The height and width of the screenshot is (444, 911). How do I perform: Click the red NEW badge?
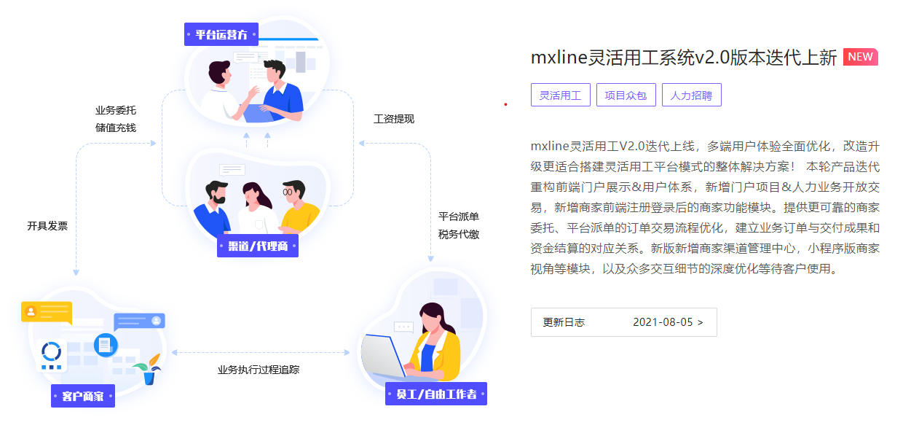860,58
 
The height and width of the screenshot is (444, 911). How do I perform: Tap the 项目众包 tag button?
626,96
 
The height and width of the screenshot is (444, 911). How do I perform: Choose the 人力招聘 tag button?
691,96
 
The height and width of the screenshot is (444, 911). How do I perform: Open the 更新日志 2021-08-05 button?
623,322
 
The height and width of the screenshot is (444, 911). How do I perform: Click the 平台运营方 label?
221,34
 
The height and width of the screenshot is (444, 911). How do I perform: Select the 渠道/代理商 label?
258,246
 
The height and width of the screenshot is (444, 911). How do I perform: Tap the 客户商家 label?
83,397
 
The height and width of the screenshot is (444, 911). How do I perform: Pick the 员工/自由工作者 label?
435,394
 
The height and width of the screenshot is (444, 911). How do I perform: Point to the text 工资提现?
394,119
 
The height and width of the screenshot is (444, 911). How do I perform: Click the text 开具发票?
47,226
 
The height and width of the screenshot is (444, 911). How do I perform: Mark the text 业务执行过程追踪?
259,370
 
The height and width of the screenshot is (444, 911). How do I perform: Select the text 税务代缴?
459,234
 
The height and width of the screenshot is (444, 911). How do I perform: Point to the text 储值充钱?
116,128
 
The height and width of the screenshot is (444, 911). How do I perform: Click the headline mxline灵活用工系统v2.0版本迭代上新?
684,58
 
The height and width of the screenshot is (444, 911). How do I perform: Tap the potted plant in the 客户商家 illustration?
150,369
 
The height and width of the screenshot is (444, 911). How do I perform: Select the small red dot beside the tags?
505,104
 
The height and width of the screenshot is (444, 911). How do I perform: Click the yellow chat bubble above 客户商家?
47,312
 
